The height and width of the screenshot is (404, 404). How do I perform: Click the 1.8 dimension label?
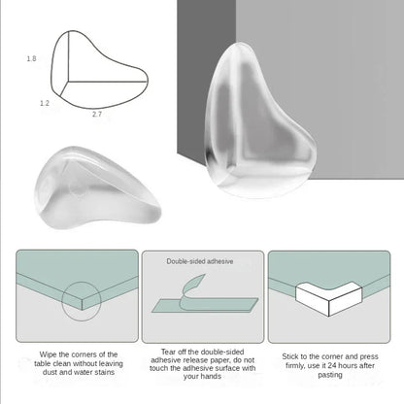(x=31, y=60)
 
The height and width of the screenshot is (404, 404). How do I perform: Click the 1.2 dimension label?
(x=44, y=102)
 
